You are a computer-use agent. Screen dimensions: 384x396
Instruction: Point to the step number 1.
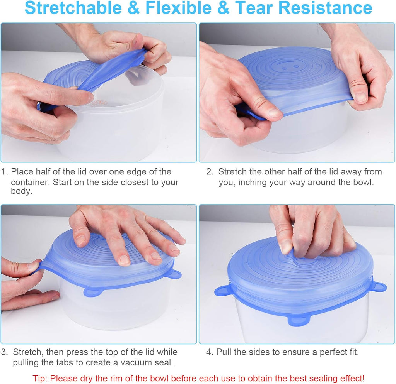(4, 172)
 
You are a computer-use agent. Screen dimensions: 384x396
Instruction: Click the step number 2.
(209, 172)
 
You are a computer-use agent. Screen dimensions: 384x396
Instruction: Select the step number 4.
(209, 352)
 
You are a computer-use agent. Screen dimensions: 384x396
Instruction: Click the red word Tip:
(40, 378)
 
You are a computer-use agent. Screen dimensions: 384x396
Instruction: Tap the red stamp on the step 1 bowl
(99, 103)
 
